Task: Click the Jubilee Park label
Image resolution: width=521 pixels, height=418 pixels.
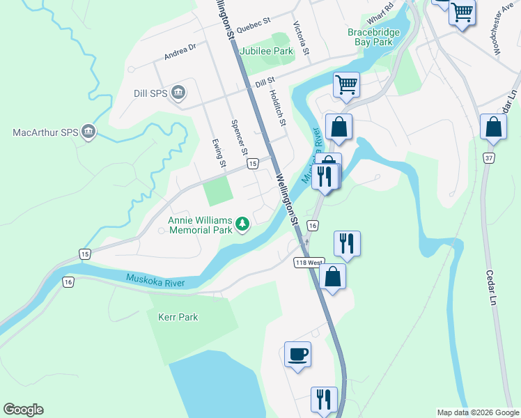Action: tap(266, 51)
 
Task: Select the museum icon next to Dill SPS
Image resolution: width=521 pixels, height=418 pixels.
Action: tap(178, 93)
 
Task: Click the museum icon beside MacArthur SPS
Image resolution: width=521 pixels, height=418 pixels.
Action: tap(88, 132)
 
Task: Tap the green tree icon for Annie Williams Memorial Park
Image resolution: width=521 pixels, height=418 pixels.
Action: tap(242, 224)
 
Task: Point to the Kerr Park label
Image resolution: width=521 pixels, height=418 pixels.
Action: tap(178, 317)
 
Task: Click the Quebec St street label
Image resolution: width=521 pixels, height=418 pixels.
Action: tap(252, 26)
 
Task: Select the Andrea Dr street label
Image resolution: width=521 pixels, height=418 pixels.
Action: tap(181, 50)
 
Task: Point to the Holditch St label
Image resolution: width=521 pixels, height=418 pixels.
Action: tap(278, 110)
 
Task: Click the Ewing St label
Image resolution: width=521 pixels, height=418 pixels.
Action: tap(221, 153)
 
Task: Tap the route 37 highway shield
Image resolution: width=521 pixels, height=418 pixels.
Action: tap(490, 158)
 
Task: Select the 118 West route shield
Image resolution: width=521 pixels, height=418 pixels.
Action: tap(308, 263)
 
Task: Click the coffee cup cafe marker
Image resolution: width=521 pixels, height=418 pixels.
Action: tap(297, 355)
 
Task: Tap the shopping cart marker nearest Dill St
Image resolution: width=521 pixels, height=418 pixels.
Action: tap(346, 85)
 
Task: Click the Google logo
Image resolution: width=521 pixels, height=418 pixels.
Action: tap(23, 410)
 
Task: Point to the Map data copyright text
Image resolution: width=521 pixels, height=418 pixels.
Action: tap(477, 412)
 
